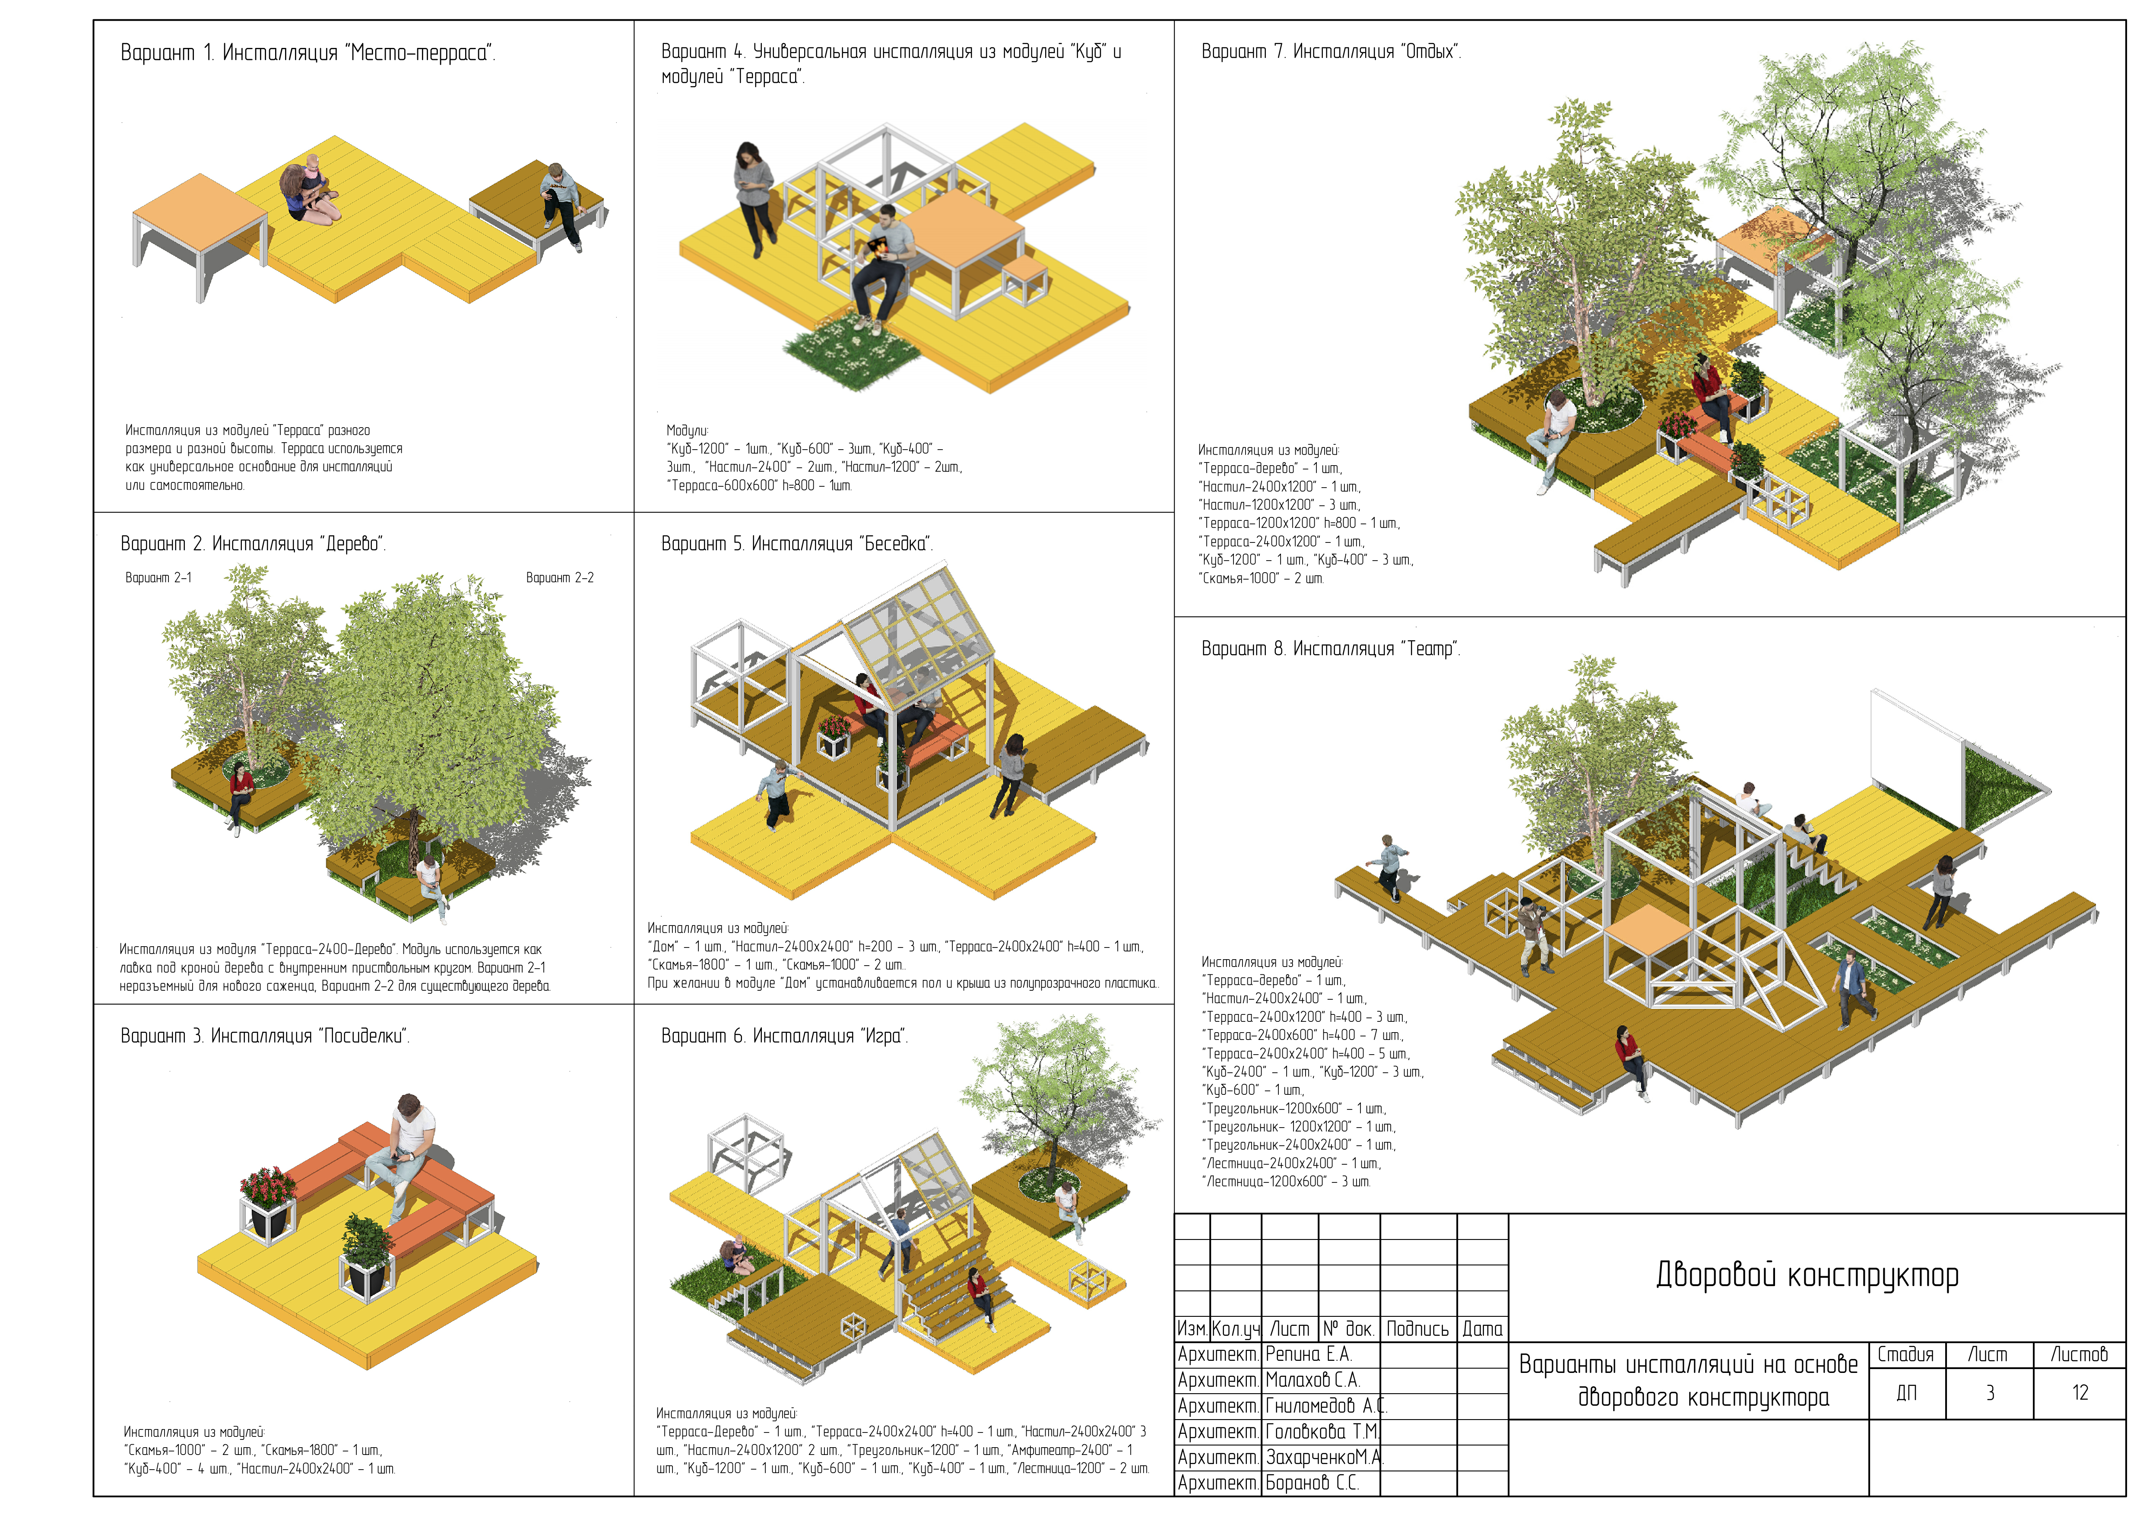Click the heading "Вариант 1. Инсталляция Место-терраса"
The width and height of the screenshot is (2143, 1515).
pos(308,53)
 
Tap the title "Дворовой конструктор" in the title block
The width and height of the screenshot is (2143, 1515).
pos(1806,1275)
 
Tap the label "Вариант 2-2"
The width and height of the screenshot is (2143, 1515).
pos(559,578)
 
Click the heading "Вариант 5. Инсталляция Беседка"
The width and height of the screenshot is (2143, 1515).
pos(796,544)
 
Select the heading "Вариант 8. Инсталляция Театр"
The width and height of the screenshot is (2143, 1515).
pos(1330,649)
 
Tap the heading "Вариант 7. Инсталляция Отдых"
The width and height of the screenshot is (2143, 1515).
pos(1330,52)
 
